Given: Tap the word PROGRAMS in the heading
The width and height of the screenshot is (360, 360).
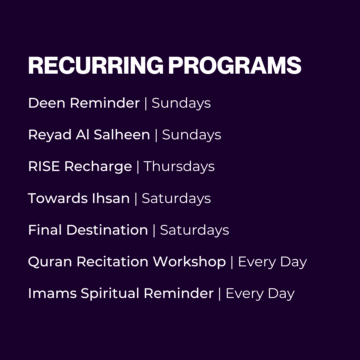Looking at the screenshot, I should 235,65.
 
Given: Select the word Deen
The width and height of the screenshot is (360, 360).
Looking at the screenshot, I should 47,103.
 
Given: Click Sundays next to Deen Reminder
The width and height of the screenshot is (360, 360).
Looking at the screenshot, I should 181,104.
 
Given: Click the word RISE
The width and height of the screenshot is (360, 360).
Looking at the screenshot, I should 44,167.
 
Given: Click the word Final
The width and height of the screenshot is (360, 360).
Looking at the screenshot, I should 45,230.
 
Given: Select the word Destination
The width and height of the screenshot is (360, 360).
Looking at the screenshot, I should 107,230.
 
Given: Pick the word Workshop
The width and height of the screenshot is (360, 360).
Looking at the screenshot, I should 189,262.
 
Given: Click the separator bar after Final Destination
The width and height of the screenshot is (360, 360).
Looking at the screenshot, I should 154,230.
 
